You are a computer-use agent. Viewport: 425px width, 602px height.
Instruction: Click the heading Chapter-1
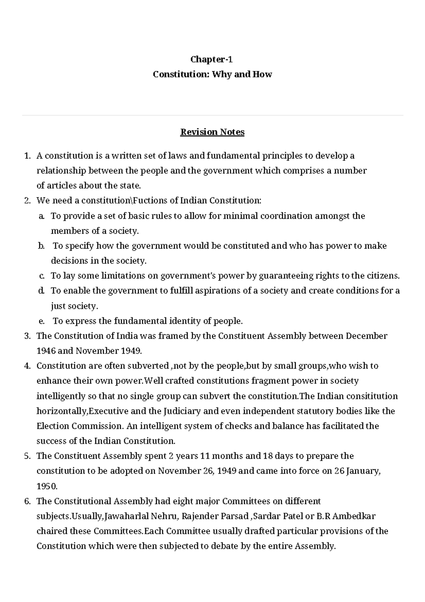[x=212, y=59]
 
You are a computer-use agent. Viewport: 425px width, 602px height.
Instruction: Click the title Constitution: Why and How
[x=212, y=74]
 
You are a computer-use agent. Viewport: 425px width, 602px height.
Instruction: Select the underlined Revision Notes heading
[x=212, y=132]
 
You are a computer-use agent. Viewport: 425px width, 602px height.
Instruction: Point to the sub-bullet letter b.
[x=41, y=246]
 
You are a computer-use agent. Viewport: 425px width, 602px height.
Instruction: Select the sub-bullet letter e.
[x=41, y=321]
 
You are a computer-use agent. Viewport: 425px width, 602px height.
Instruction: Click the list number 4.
[x=27, y=366]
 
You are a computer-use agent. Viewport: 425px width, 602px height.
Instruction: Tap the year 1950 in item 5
[x=47, y=486]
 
